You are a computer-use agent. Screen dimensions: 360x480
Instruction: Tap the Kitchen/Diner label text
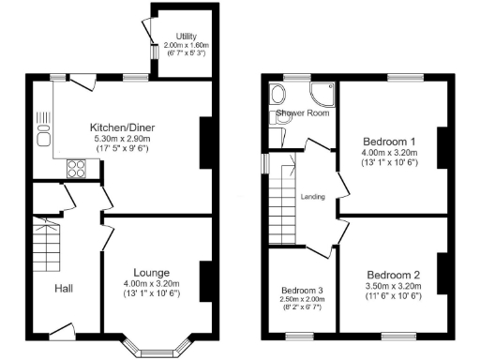[121, 127]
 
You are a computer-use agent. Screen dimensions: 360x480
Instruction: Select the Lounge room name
[150, 272]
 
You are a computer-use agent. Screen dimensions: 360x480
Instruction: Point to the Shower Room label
[302, 113]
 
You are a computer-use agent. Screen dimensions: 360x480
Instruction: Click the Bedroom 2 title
[393, 275]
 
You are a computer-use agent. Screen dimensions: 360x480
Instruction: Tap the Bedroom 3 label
[301, 289]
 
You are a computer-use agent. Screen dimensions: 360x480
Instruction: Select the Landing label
[312, 197]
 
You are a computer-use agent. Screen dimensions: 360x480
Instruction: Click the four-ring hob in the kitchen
[77, 169]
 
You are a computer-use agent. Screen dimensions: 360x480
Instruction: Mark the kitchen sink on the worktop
[43, 139]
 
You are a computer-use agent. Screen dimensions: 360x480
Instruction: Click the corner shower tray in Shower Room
[322, 94]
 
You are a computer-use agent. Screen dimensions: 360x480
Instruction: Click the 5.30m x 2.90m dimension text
[121, 139]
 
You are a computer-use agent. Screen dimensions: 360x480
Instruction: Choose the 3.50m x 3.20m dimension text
[393, 286]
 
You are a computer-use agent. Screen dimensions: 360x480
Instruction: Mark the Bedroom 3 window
[301, 336]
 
